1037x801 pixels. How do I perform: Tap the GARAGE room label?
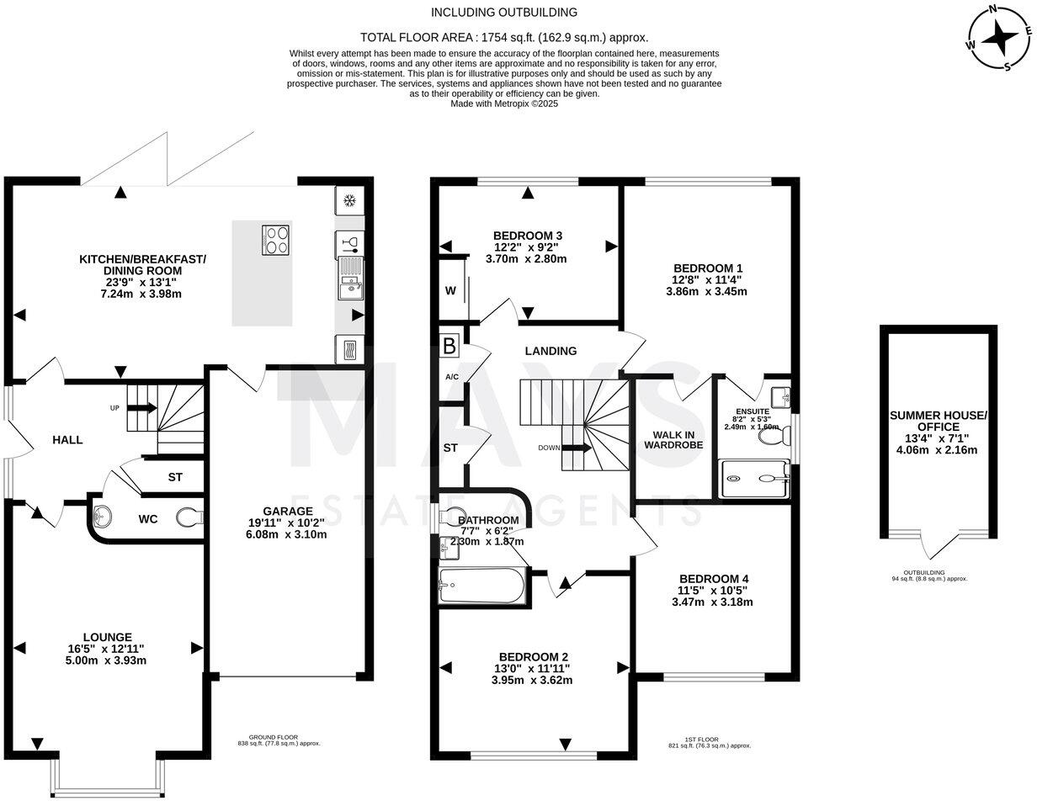point(288,511)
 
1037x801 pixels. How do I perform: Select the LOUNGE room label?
point(107,637)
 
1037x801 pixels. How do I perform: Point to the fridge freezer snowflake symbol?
point(349,200)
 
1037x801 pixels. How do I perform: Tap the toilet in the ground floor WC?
point(189,518)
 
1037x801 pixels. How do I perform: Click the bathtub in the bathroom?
point(481,586)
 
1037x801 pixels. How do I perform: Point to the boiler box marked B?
point(449,346)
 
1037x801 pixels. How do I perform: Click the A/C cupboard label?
point(452,376)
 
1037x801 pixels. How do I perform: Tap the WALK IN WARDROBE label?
point(673,439)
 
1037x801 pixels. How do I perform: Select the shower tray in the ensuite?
point(754,480)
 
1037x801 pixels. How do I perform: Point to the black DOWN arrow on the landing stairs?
point(577,448)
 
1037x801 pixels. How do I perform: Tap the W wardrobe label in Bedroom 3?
point(450,291)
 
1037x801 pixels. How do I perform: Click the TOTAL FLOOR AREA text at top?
point(504,37)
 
